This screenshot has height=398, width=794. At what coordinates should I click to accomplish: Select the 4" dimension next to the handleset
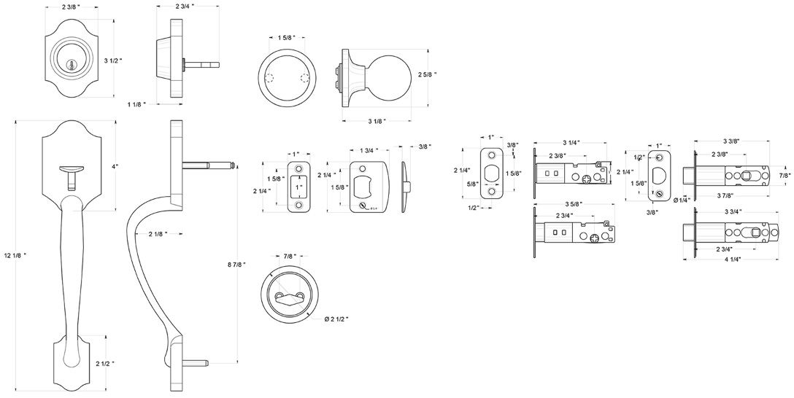click(x=115, y=166)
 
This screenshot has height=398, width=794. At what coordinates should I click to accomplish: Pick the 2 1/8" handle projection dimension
click(x=156, y=234)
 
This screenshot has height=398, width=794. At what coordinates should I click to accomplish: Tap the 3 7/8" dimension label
click(x=730, y=196)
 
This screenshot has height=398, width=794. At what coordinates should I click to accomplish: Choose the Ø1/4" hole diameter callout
click(x=682, y=200)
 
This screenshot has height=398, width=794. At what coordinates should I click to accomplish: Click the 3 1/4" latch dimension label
click(x=572, y=142)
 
